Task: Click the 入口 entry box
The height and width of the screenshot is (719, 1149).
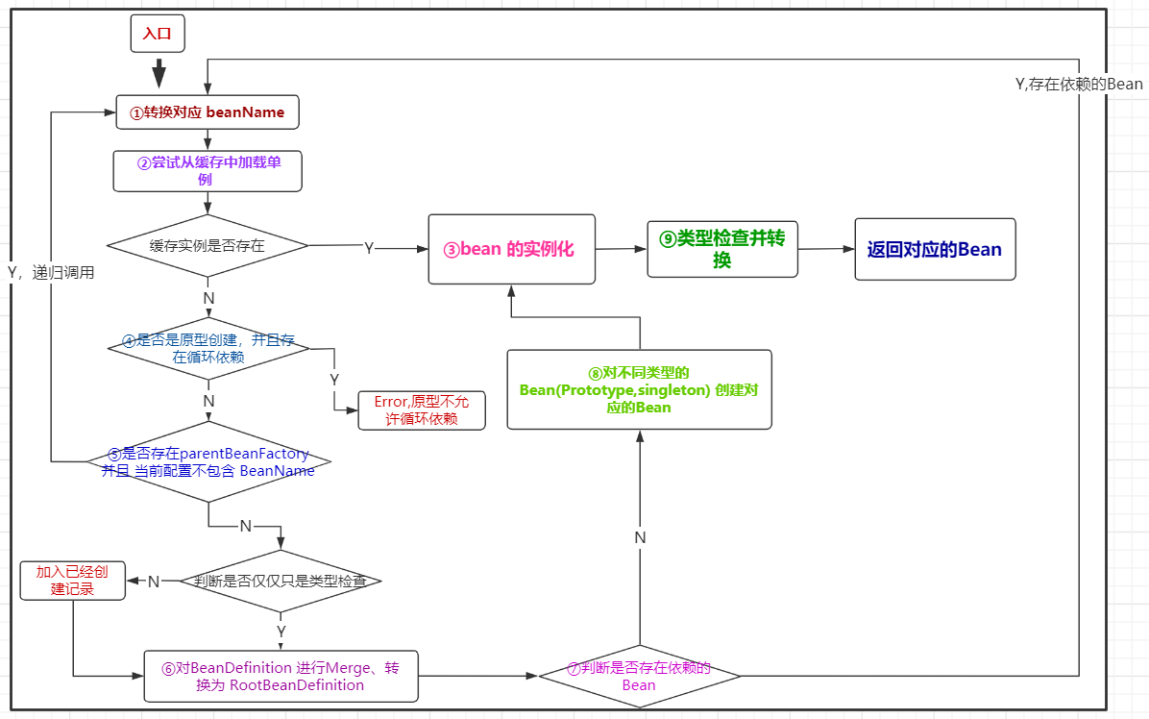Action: pos(158,34)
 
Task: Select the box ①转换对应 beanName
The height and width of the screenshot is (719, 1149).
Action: pos(208,112)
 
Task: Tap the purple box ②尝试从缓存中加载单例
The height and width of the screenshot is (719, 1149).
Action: pos(208,171)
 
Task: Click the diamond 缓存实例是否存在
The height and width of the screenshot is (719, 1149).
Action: pos(208,245)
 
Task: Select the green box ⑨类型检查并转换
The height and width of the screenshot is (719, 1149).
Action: pos(722,249)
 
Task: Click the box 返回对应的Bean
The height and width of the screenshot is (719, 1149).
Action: pos(934,249)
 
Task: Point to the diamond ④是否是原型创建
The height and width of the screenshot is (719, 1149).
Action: pos(208,349)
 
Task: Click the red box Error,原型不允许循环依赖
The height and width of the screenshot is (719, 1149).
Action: pos(422,410)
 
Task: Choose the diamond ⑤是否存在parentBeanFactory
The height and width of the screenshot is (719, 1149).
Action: pos(208,461)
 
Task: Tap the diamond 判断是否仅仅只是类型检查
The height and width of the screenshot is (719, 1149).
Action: pos(280,582)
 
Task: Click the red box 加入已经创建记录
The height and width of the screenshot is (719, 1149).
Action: pos(73,581)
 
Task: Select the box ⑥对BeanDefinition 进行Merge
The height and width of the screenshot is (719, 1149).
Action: pos(281,676)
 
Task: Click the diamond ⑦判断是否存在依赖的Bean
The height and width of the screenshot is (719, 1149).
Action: pos(639,677)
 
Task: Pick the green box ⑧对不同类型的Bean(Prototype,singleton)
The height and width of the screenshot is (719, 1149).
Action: pos(640,388)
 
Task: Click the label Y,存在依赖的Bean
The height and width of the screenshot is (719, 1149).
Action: pos(1079,84)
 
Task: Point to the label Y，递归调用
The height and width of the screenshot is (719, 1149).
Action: pos(51,272)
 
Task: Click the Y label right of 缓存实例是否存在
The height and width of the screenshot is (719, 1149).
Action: pos(369,248)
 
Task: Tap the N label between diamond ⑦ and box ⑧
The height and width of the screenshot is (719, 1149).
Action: pos(640,537)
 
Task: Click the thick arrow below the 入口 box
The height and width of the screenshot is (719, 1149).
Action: pos(159,73)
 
